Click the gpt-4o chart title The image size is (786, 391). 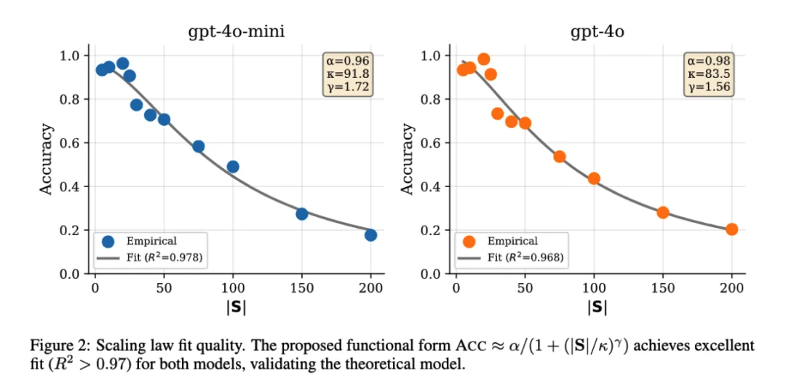pyautogui.click(x=597, y=33)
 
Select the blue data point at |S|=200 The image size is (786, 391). pyautogui.click(x=370, y=235)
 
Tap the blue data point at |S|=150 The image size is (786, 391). pyautogui.click(x=302, y=214)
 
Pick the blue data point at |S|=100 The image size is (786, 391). pyautogui.click(x=233, y=167)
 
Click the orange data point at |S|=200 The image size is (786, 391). pyautogui.click(x=731, y=229)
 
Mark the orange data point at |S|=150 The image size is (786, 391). pyautogui.click(x=663, y=213)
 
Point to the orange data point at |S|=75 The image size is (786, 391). pyautogui.click(x=560, y=157)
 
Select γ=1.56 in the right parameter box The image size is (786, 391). pyautogui.click(x=709, y=87)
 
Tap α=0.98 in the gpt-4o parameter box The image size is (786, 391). pyautogui.click(x=709, y=60)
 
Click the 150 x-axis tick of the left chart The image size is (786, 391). pyautogui.click(x=302, y=287)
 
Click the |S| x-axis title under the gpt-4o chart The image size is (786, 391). pyautogui.click(x=597, y=307)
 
